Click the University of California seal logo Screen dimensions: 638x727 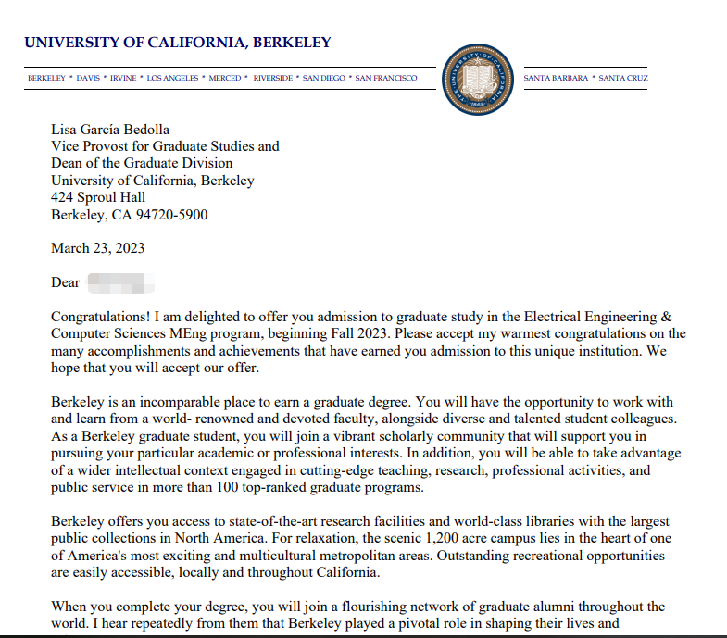click(x=480, y=79)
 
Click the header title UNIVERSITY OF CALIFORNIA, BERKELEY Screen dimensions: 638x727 click(x=178, y=43)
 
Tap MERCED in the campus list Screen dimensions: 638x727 click(x=224, y=78)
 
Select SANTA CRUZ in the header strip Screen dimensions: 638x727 click(x=623, y=78)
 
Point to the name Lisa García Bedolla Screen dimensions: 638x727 click(x=110, y=129)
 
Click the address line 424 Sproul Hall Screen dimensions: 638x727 click(x=98, y=197)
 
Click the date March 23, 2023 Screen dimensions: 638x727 click(x=97, y=248)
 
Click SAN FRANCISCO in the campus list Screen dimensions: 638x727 click(x=386, y=78)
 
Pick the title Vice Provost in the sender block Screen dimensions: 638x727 click(x=93, y=146)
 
